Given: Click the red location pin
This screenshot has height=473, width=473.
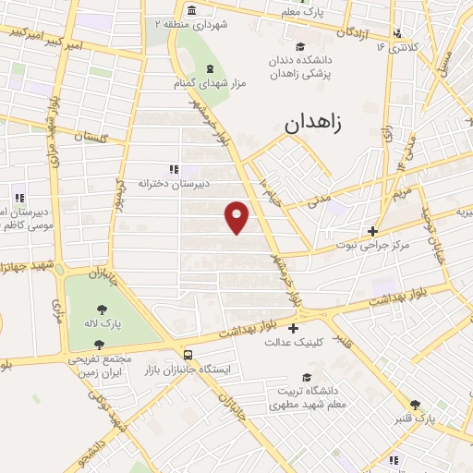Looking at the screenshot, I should click(237, 216).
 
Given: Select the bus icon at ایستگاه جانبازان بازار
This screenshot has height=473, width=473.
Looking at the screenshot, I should click(188, 355).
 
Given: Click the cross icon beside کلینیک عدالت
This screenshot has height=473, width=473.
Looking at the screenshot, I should click(294, 328).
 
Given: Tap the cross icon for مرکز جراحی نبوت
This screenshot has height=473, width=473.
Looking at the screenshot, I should click(372, 231).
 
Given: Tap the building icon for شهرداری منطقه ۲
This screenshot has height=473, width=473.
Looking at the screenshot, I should click(191, 10).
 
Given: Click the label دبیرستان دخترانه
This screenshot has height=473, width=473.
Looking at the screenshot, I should click(182, 183).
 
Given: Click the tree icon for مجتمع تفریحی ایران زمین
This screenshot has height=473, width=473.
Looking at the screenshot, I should click(99, 344).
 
